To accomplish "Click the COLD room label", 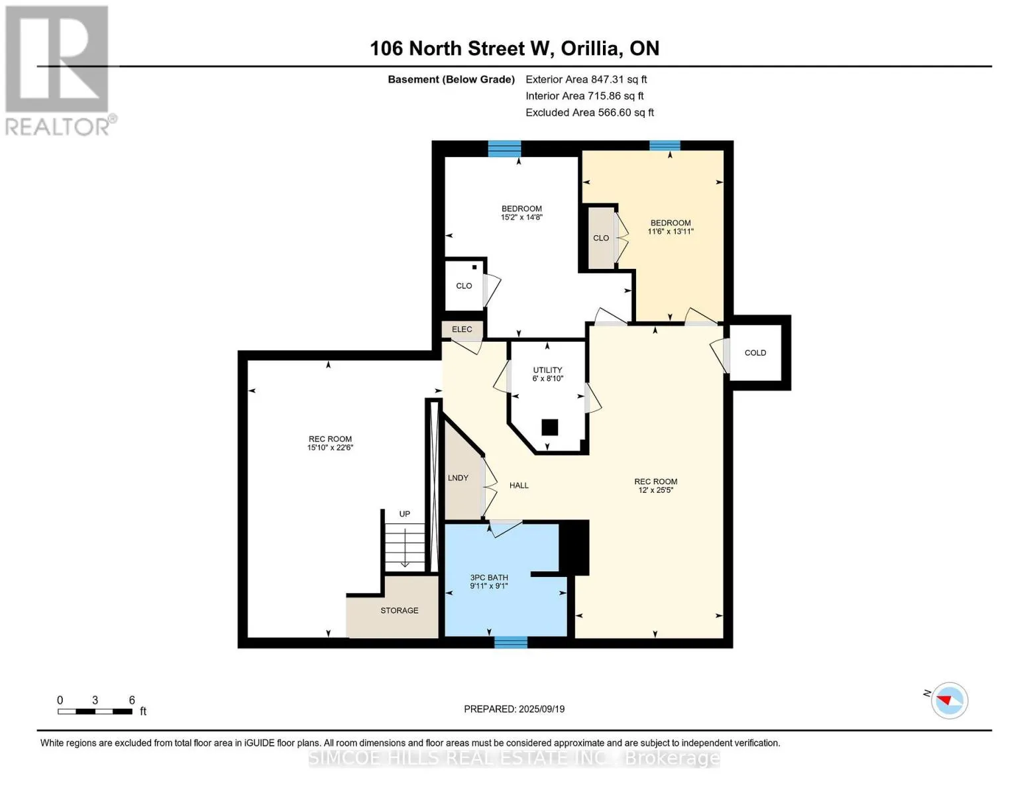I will coord(755,353).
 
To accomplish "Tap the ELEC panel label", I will coord(462,329).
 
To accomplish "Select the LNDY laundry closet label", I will coord(458,478).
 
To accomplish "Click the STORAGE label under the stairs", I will coord(399,610).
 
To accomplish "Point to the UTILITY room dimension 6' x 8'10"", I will coord(547,379).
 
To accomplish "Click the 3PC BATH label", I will coord(489,578).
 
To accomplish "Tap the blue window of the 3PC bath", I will coord(511,641).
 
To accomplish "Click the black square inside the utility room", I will coord(549,427).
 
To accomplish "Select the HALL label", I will coord(519,486).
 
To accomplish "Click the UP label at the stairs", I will coord(404,514).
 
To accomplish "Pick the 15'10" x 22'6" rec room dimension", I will coord(330,448).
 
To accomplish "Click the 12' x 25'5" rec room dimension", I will coord(655,490).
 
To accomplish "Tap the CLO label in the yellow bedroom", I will coord(601,238).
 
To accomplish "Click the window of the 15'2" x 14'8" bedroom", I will coord(504,148).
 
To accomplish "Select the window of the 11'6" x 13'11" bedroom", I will coord(665,146).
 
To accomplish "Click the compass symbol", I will coord(949,700).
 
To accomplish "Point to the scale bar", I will coord(95,712).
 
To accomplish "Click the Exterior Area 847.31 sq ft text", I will coord(586,79).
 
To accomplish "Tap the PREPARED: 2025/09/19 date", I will coord(514,709).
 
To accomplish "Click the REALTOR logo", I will coord(58,70).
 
